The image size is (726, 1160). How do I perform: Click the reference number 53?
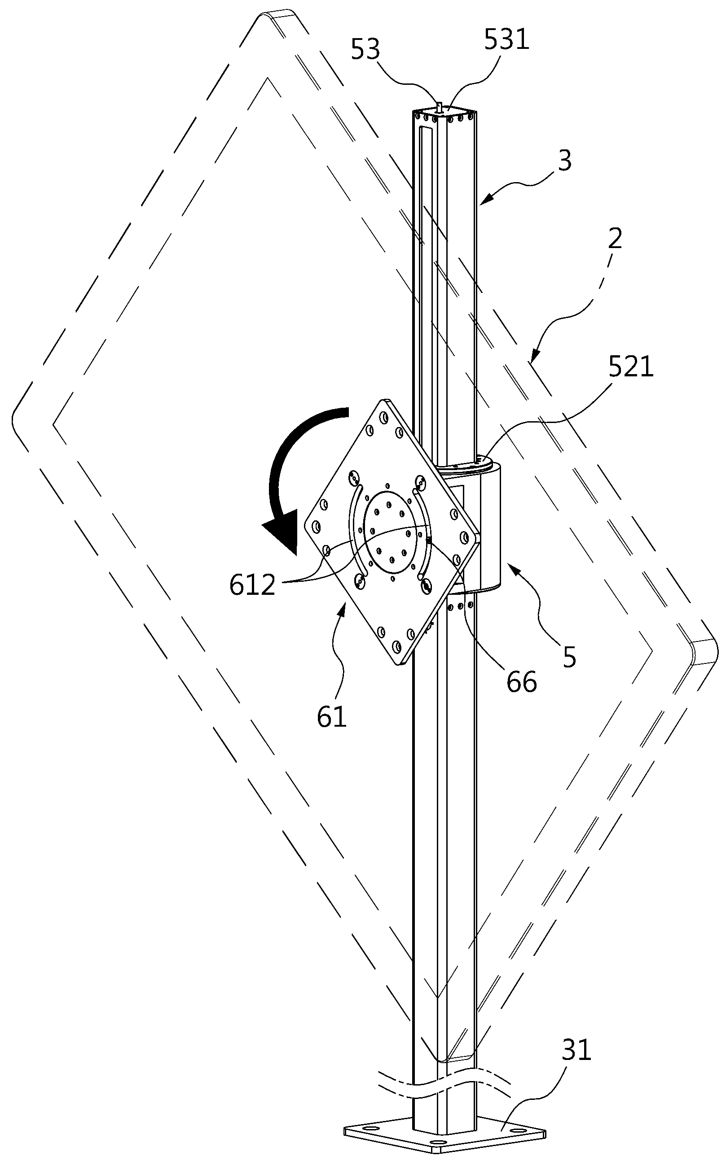click(x=365, y=50)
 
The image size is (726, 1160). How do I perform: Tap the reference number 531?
click(x=506, y=39)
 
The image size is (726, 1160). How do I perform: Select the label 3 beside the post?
click(x=566, y=161)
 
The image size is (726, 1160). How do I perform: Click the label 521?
click(x=631, y=367)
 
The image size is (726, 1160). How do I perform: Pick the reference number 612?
click(x=253, y=585)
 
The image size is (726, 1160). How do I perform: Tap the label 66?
click(x=522, y=681)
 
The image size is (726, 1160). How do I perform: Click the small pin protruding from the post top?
click(x=438, y=106)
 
